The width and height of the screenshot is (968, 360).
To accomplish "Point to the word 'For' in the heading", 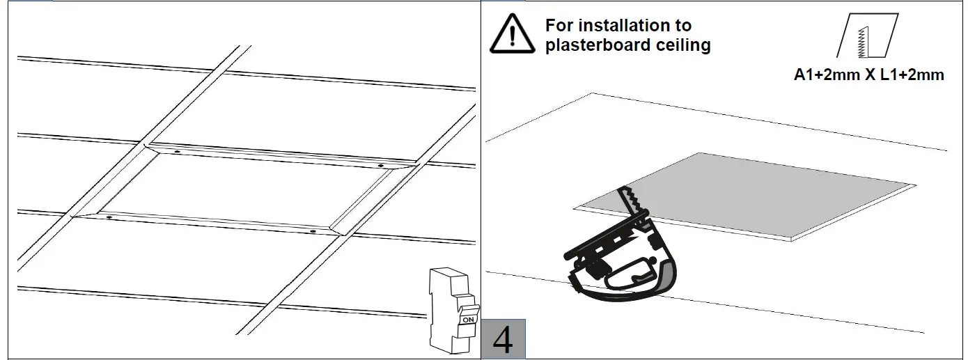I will (559, 26).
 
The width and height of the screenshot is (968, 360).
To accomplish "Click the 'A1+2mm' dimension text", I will (827, 75).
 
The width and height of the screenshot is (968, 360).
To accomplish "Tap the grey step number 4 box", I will (503, 339).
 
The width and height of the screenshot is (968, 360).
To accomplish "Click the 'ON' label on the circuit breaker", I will (469, 320).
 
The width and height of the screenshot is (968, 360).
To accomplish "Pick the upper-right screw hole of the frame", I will (380, 164).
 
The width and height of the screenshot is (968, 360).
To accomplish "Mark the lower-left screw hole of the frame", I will (109, 217).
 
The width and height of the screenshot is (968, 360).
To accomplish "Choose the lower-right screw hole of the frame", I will (313, 231).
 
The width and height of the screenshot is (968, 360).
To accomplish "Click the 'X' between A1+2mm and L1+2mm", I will (870, 75).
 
